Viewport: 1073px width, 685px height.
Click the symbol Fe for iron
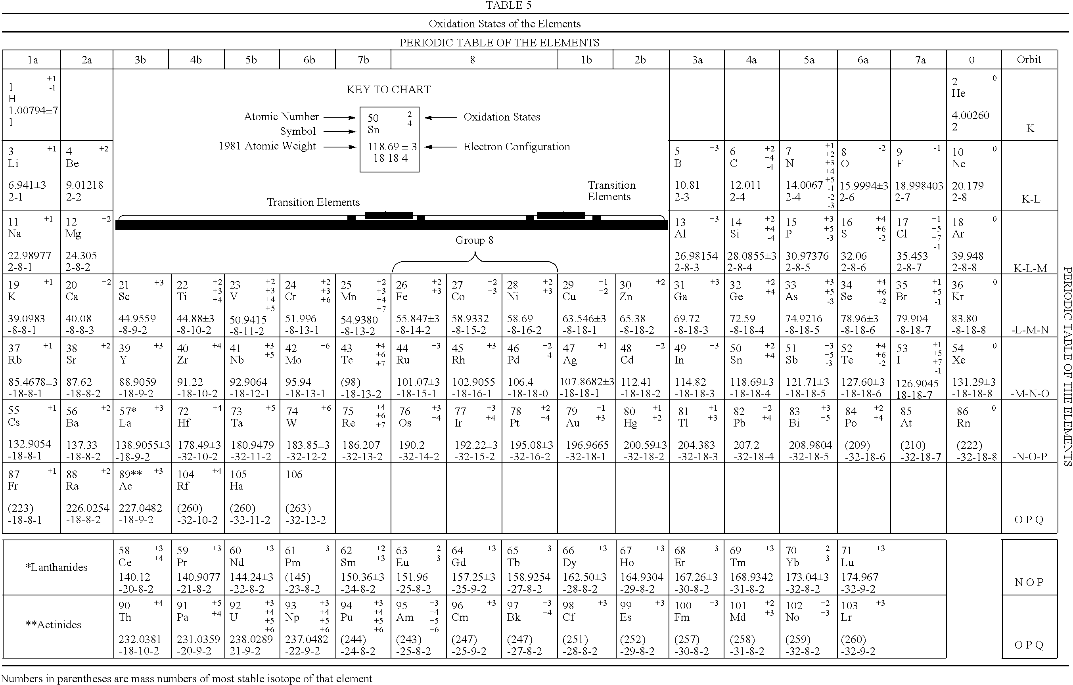(402, 297)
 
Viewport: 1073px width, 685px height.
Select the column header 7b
(363, 60)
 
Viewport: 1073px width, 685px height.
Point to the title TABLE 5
(508, 5)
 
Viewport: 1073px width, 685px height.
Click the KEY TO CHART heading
(389, 90)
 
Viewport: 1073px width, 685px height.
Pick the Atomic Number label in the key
(281, 117)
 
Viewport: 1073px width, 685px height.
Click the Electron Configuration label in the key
(516, 147)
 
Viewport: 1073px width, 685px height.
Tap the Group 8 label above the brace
(474, 241)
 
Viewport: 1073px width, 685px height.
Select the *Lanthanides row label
(57, 567)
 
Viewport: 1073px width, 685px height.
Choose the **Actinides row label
(54, 625)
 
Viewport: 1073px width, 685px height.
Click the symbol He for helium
(958, 93)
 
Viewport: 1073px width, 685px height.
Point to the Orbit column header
(1029, 60)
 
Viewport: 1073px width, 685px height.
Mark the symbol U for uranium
(234, 617)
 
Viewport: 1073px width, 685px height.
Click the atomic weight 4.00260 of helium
(971, 115)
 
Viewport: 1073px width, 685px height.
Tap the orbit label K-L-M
(1030, 268)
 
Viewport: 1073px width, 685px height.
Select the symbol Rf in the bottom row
(183, 486)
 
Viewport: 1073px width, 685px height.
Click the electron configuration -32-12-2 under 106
(306, 520)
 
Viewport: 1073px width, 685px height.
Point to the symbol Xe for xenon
(958, 360)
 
